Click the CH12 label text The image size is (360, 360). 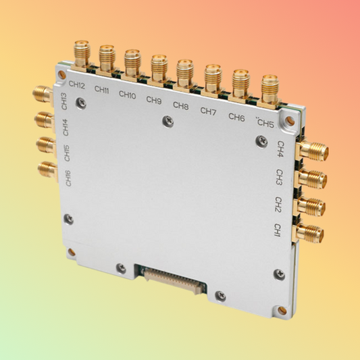pos(76,86)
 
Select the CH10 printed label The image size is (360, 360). pos(128,95)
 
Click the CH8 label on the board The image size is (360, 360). pos(180,105)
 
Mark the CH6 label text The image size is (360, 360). pos(236,117)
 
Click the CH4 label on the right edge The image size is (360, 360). pos(280,150)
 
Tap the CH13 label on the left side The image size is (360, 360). pos(64,101)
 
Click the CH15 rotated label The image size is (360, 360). pos(66,153)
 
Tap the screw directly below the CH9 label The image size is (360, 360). pos(167,122)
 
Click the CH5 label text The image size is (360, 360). pos(265,124)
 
